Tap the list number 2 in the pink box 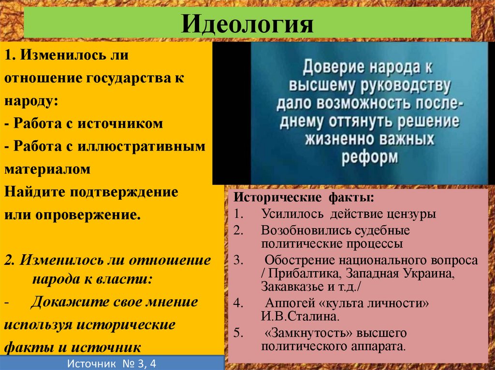[237, 230]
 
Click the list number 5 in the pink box [237, 332]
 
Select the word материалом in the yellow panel [48, 169]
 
